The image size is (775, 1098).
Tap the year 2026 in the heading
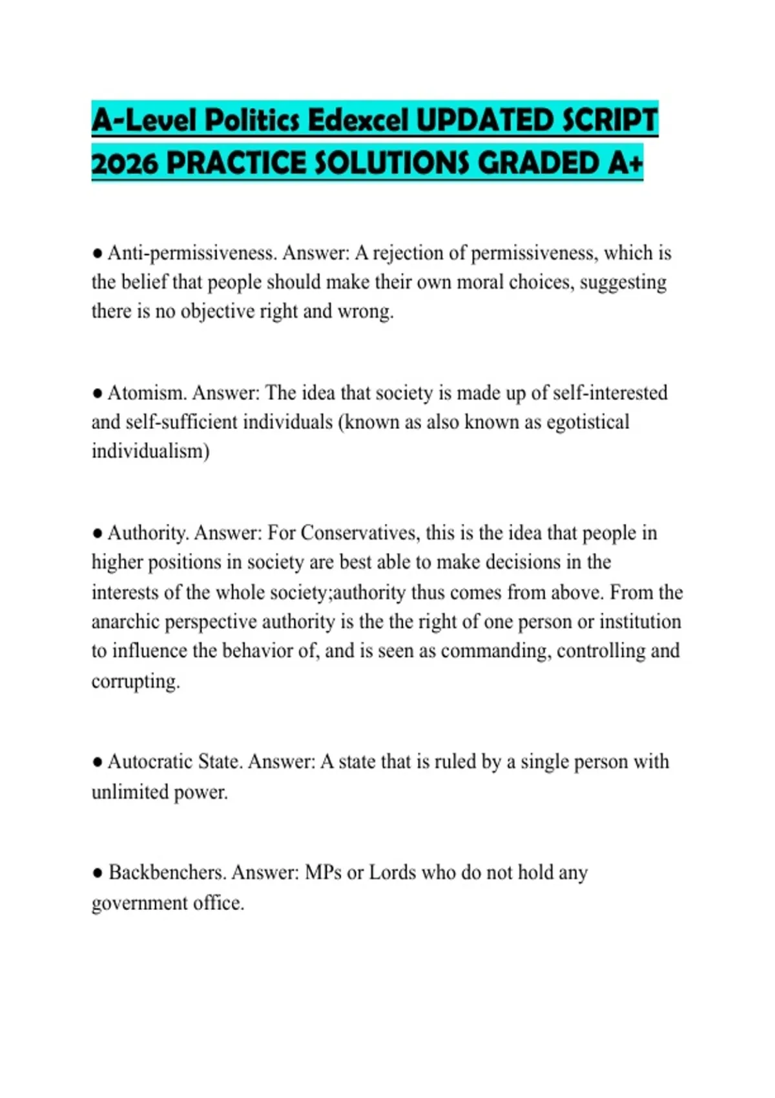(125, 163)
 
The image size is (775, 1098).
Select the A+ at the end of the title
(625, 163)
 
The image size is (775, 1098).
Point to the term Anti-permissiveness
(192, 253)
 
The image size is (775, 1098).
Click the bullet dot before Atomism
(98, 393)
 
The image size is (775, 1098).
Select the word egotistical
(588, 422)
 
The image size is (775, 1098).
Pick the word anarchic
(125, 621)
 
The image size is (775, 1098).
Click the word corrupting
(136, 681)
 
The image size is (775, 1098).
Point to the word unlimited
(130, 792)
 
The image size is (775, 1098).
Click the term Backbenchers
(167, 873)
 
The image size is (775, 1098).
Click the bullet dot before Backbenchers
(98, 873)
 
